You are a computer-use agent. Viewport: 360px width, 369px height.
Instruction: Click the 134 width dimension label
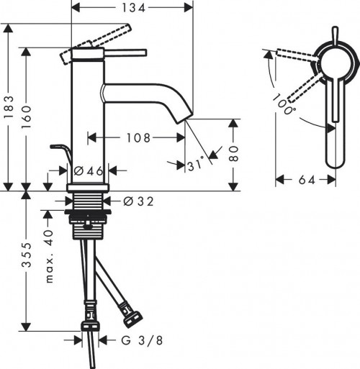[x=135, y=8]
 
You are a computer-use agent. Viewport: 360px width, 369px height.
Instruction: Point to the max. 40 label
[x=51, y=256]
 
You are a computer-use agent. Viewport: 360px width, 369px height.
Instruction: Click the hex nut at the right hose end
[x=134, y=316]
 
